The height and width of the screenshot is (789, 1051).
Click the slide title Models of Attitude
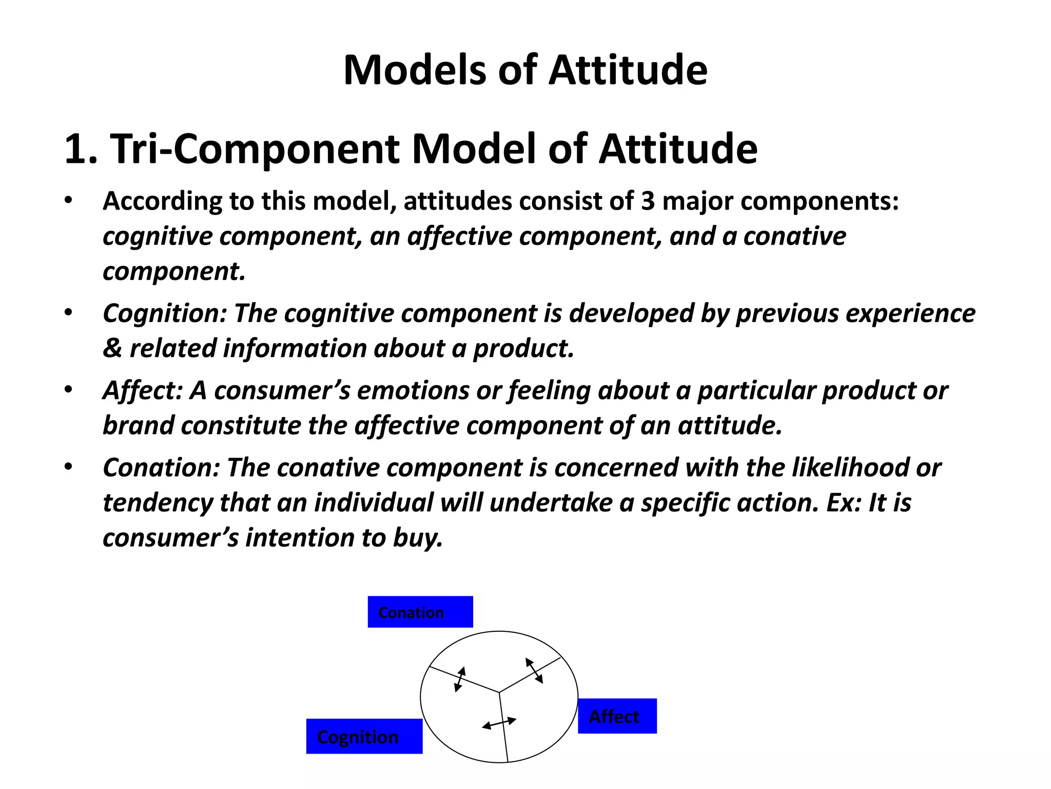click(x=525, y=70)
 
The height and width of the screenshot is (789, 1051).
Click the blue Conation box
click(x=420, y=612)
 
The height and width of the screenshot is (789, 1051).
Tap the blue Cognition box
click(x=364, y=736)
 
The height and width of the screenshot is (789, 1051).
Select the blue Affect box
click(x=617, y=716)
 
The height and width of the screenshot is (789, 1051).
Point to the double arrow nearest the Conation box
click(x=460, y=679)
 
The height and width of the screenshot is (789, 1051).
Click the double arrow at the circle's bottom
click(x=499, y=723)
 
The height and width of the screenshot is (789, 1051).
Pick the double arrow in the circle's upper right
click(x=534, y=670)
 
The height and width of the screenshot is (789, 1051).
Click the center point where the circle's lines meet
click(x=499, y=692)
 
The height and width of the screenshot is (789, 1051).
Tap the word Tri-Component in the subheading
click(x=255, y=149)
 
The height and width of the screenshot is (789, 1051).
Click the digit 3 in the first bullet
click(x=648, y=201)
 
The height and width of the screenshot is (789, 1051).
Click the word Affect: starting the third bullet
click(x=143, y=390)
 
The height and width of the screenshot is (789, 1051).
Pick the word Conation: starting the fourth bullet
click(x=161, y=467)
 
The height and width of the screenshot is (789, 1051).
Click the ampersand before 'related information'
click(x=112, y=349)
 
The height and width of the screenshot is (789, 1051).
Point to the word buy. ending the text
click(x=418, y=538)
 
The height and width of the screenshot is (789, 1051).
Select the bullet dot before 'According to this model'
click(x=68, y=201)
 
